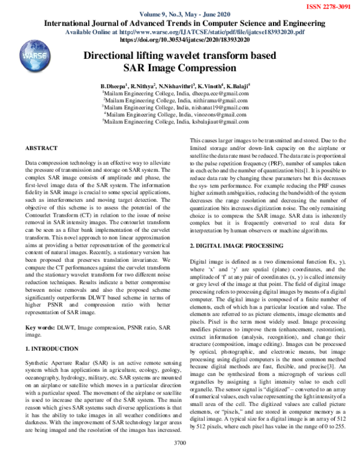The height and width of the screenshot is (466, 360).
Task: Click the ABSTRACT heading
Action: click(41, 148)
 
